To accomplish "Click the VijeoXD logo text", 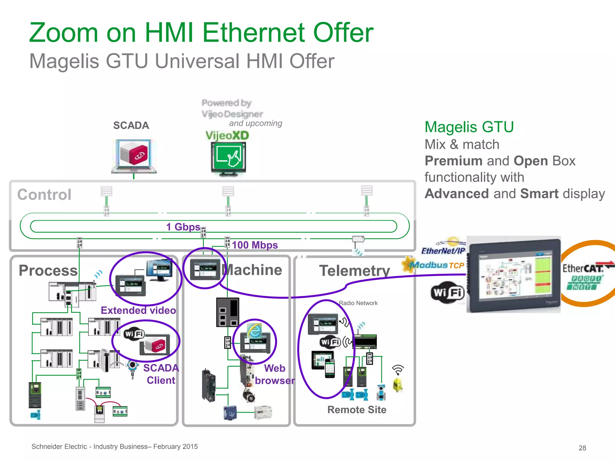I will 227,135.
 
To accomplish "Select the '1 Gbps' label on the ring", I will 183,227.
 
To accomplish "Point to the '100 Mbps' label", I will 255,245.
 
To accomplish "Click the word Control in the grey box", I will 44,194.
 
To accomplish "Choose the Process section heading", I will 48,270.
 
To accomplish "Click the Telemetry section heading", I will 354,271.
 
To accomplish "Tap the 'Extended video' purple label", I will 138,310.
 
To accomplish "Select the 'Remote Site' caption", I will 357,410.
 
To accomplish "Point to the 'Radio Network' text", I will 358,303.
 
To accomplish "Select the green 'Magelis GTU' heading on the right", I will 469,127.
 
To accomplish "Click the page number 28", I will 582,448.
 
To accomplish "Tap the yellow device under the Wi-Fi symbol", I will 398,385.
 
